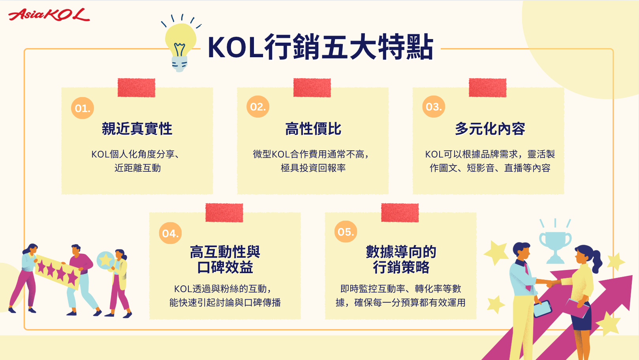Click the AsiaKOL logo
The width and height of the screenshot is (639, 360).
pos(49,15)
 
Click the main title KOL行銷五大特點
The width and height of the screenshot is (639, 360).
pos(320,47)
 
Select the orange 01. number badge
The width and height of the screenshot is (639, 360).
pos(83,108)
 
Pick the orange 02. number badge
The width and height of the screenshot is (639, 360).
pos(258,107)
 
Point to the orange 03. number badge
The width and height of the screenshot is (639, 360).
pos(434,107)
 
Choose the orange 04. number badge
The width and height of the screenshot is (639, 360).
pos(170,233)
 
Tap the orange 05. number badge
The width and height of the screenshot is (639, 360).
pos(346,232)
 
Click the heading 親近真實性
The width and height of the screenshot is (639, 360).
pos(137,129)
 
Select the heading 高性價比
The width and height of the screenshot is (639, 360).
pos(313,129)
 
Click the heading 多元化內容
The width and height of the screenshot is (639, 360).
pos(490,129)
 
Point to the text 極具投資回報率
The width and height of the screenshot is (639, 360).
pos(313,168)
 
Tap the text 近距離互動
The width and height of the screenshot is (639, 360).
pos(137,168)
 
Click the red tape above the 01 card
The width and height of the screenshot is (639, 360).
pos(136,88)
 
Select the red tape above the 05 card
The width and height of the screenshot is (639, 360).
pos(400,213)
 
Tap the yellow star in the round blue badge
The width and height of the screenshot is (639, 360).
pos(106,260)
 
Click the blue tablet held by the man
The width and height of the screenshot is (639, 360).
pos(543,309)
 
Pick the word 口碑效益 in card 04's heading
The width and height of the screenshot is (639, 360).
pos(225,267)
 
